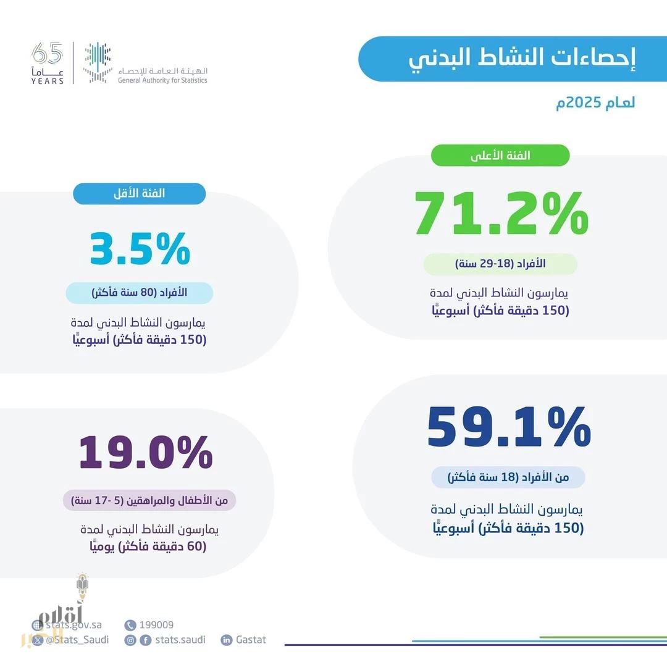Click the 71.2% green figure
click(x=501, y=214)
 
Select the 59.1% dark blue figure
click(x=509, y=427)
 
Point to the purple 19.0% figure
click(x=146, y=453)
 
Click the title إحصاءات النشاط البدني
click(x=522, y=59)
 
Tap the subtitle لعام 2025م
click(x=595, y=103)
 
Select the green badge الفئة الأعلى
click(x=500, y=156)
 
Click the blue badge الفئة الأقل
click(x=139, y=193)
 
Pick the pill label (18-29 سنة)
click(x=500, y=264)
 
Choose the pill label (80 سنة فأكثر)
click(x=140, y=293)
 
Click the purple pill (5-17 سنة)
click(x=149, y=500)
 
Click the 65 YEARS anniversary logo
click(x=48, y=64)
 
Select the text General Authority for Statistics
click(x=162, y=80)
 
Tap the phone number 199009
click(x=156, y=625)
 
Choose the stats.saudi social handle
click(x=180, y=640)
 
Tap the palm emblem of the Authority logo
click(x=98, y=62)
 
